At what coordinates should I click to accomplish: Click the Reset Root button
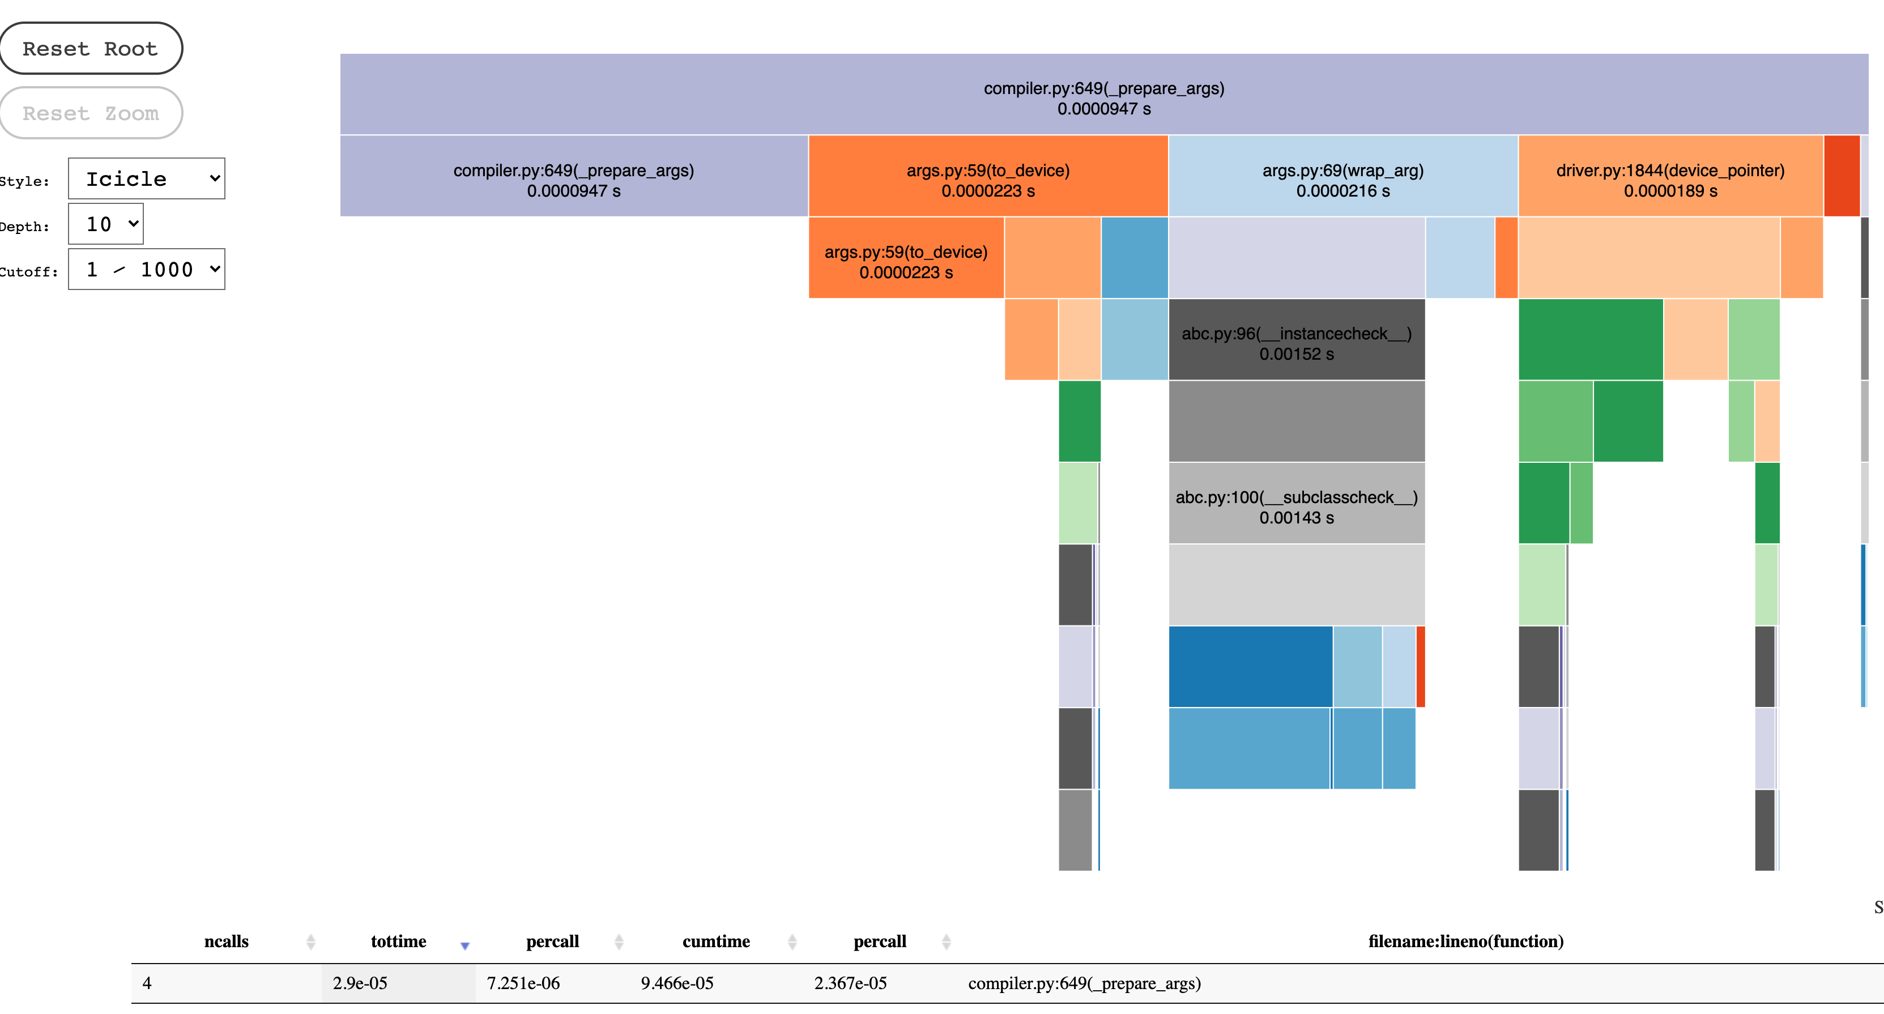(90, 48)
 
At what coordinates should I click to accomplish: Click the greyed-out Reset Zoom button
(90, 113)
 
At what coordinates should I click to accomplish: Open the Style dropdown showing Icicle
(146, 178)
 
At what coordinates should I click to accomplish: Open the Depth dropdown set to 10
(106, 224)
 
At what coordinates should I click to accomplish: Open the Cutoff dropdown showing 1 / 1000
(146, 269)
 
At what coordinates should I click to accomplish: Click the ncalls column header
(226, 941)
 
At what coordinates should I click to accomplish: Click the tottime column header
(399, 941)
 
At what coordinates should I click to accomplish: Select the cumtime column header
(716, 941)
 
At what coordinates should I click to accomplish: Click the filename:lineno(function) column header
(1465, 941)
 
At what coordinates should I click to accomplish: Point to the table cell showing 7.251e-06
(523, 983)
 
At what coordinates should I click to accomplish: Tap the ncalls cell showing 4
(147, 983)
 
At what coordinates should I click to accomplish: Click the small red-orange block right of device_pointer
(1842, 176)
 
